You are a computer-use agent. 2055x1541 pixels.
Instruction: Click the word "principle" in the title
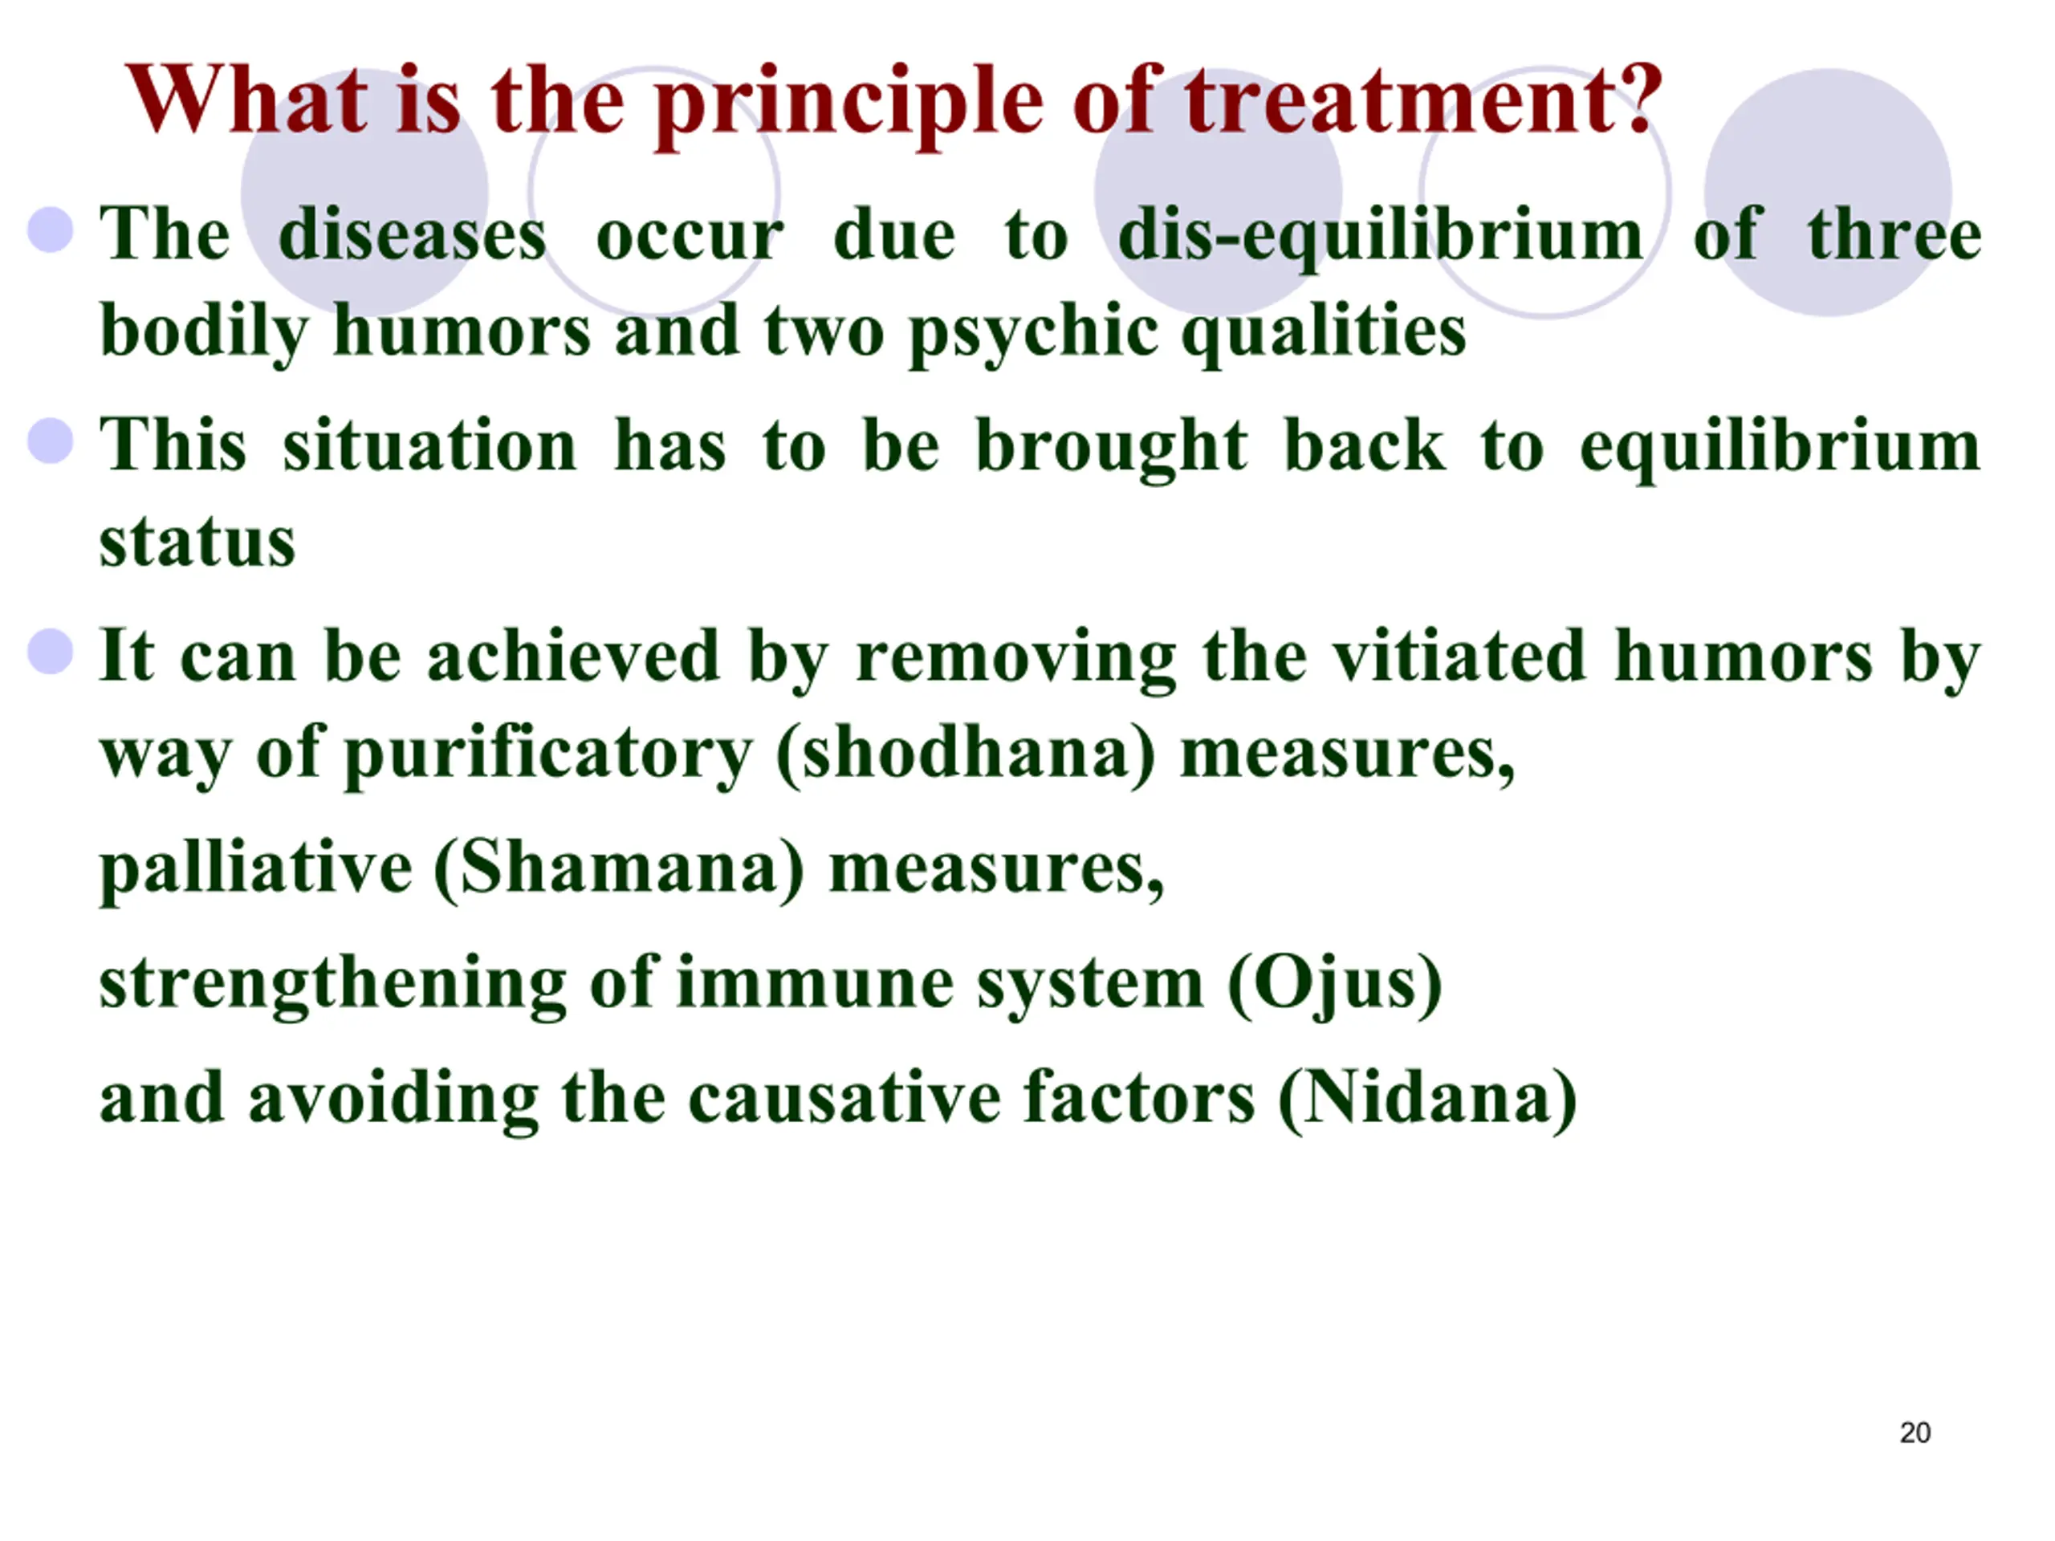point(849,104)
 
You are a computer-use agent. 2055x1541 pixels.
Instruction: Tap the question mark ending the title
point(1638,98)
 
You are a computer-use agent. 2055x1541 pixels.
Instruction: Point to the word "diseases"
point(413,235)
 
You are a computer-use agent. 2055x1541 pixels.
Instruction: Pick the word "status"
point(197,543)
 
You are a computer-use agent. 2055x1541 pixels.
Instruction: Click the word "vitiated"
point(1459,657)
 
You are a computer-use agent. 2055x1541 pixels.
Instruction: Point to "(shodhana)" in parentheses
point(966,754)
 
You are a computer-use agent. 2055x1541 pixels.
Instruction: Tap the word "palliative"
point(255,870)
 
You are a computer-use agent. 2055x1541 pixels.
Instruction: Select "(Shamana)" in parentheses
point(619,870)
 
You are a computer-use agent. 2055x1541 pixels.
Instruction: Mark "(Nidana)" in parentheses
point(1428,1100)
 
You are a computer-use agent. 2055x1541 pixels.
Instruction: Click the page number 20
point(1915,1433)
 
